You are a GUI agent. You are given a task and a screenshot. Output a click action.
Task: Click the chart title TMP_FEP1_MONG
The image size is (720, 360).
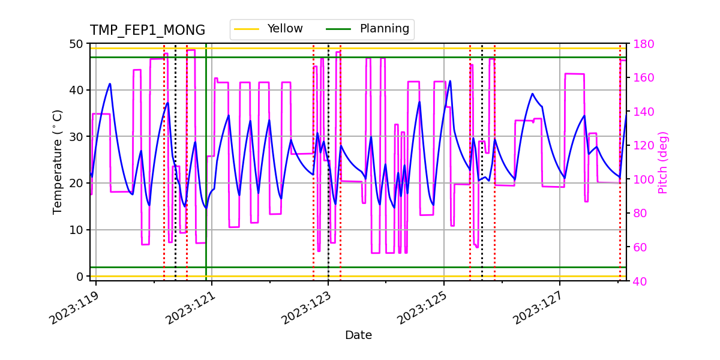pos(148,31)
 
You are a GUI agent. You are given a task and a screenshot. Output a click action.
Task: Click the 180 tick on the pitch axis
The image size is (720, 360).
pos(641,44)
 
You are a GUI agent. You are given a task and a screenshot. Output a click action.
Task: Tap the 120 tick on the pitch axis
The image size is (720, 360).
pos(641,145)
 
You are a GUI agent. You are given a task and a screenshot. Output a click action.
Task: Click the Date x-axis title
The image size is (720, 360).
pos(358,335)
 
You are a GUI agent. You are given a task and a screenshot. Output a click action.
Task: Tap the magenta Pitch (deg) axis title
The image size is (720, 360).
pos(663,162)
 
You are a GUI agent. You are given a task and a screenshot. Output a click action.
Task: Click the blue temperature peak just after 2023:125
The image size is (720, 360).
pos(450,82)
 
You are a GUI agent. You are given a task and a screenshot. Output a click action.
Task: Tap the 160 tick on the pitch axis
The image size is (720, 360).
pos(641,77)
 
